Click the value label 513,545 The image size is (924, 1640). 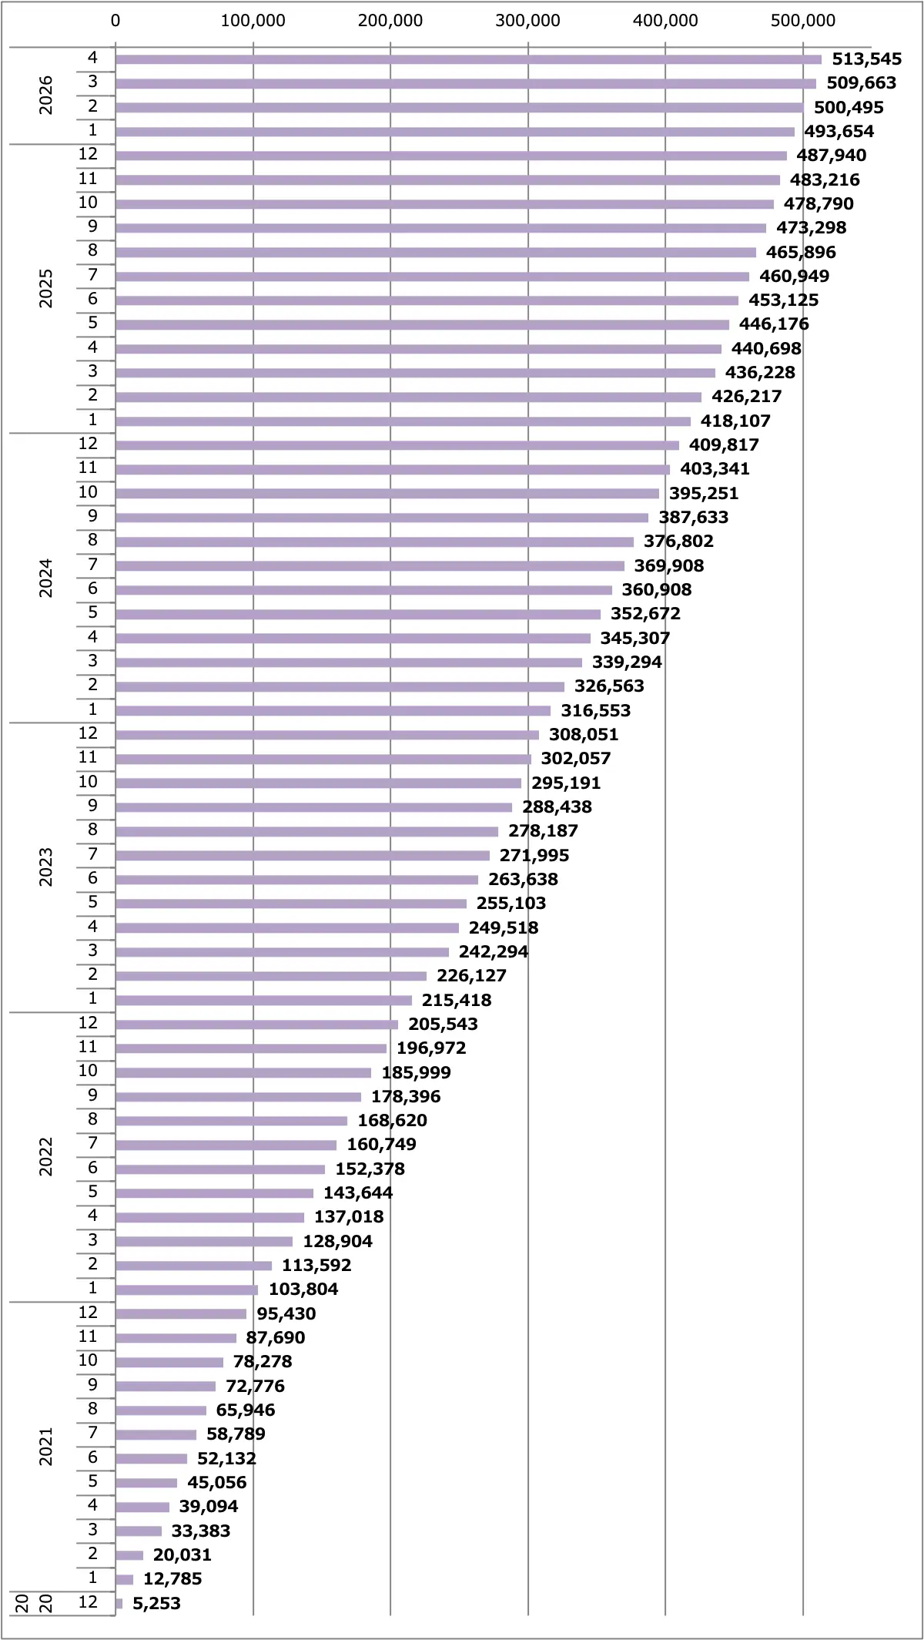866,59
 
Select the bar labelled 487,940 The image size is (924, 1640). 451,156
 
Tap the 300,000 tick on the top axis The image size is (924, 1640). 527,21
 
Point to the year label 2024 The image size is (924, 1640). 46,578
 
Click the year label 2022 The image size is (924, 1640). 46,1157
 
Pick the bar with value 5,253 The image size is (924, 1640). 119,1603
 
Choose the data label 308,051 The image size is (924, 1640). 584,735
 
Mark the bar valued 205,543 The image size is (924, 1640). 256,1025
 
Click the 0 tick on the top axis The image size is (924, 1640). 115,21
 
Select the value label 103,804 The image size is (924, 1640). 303,1290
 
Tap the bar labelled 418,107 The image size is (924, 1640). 403,421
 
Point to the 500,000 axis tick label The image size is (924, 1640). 803,21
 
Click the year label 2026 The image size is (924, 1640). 46,95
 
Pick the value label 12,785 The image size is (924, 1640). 172,1579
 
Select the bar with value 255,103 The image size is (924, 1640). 291,904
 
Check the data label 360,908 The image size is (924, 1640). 657,590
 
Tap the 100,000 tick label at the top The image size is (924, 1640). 253,21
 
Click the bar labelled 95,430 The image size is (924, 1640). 181,1314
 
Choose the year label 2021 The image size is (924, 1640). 46,1447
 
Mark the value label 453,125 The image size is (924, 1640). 784,300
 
